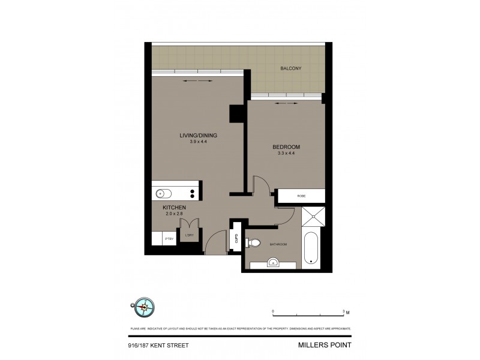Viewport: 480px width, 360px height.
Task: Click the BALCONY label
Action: pos(290,69)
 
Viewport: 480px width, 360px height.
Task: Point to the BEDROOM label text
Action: pos(286,147)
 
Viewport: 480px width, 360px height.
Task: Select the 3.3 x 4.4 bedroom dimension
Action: pos(286,154)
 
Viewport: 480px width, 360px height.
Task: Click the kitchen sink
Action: pos(162,193)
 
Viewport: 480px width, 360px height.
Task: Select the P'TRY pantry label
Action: pos(169,239)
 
